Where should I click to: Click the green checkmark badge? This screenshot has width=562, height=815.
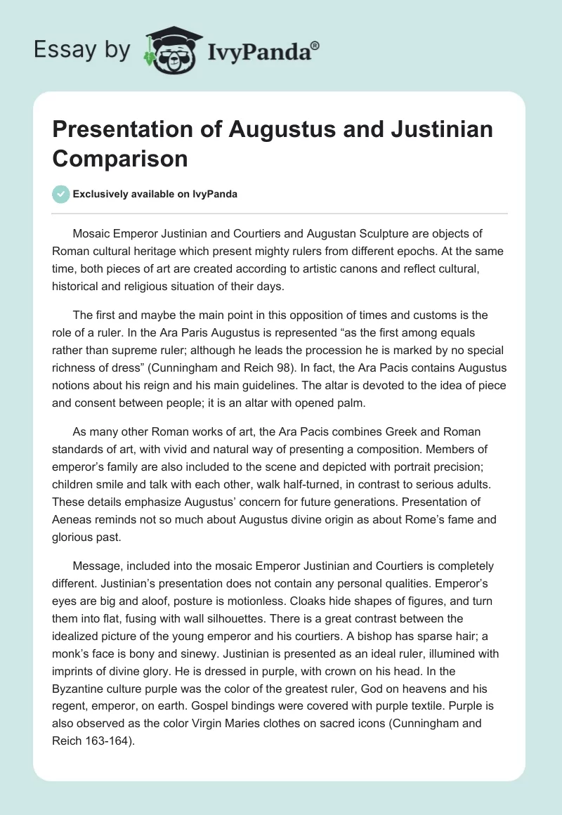[x=60, y=194]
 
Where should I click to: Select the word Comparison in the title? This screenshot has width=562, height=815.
[x=119, y=158]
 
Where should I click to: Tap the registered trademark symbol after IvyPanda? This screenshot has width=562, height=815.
[x=315, y=45]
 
